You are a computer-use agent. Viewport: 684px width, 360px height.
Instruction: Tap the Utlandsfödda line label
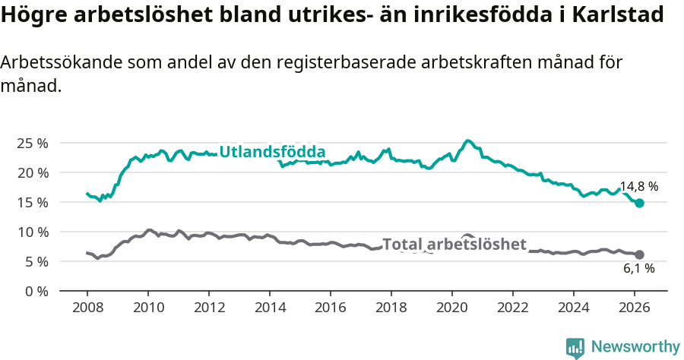tap(272, 152)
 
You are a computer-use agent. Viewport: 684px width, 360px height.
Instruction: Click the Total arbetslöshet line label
tap(454, 244)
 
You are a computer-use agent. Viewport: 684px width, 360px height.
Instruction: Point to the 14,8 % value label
tap(638, 186)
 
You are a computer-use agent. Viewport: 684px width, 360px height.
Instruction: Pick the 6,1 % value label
tap(638, 268)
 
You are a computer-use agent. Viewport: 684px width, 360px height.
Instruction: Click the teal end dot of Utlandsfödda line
tap(639, 203)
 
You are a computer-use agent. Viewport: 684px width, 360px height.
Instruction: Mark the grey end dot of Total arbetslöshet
tap(639, 254)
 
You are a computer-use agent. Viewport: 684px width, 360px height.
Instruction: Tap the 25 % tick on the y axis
tap(32, 143)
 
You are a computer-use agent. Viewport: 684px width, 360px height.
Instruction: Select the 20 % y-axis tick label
tap(32, 172)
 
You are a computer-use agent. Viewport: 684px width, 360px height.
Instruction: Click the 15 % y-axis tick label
tap(32, 202)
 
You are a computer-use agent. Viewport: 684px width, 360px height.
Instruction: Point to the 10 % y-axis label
tap(32, 232)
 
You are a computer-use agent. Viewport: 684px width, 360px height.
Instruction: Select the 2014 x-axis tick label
tap(270, 308)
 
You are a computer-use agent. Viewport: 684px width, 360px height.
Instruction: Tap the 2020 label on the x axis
tap(452, 308)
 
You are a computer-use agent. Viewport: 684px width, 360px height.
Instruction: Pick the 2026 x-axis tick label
tap(635, 308)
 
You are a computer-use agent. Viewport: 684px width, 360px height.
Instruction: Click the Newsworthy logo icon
tap(575, 348)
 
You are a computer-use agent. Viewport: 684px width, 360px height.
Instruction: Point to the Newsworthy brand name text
tap(635, 347)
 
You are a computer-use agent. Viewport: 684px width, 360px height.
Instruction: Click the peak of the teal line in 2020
tap(468, 141)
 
